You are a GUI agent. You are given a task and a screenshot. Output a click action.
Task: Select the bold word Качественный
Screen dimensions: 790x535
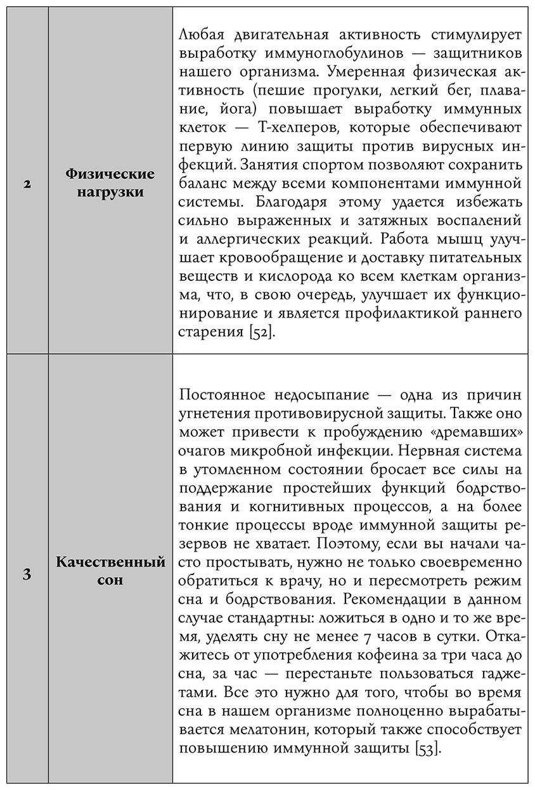pyautogui.click(x=111, y=562)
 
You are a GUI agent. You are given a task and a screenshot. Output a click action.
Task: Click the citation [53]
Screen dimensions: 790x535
pyautogui.click(x=428, y=748)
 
